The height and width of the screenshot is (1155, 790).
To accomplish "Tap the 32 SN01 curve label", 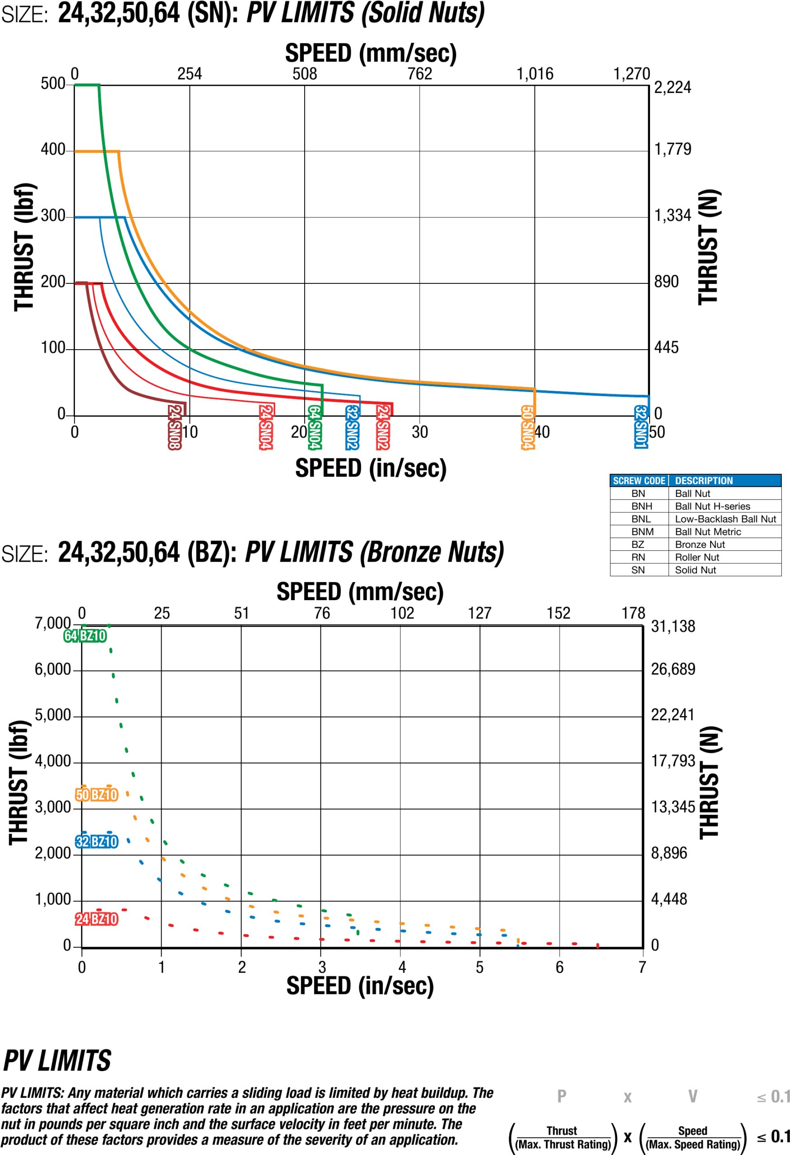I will click(641, 426).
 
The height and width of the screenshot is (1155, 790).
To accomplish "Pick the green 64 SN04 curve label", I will click(314, 427).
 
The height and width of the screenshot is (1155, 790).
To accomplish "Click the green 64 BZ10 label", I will click(85, 636).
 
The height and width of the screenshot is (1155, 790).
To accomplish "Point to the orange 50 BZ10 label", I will click(97, 795).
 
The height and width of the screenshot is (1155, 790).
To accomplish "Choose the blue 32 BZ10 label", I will click(97, 841).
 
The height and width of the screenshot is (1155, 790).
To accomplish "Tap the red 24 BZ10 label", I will click(97, 919).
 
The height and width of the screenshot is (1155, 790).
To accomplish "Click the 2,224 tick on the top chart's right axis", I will click(672, 88).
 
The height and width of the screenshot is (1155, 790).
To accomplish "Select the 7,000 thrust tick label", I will click(53, 623).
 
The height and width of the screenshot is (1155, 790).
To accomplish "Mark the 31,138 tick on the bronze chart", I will click(673, 626).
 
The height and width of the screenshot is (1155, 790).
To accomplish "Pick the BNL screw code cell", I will click(641, 519).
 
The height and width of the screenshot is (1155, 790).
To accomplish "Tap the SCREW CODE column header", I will click(639, 480).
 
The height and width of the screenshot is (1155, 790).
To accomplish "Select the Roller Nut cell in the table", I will click(697, 557).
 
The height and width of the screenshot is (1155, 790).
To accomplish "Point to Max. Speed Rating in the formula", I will click(692, 1145).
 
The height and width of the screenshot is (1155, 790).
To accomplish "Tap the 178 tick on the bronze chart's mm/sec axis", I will click(633, 613).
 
